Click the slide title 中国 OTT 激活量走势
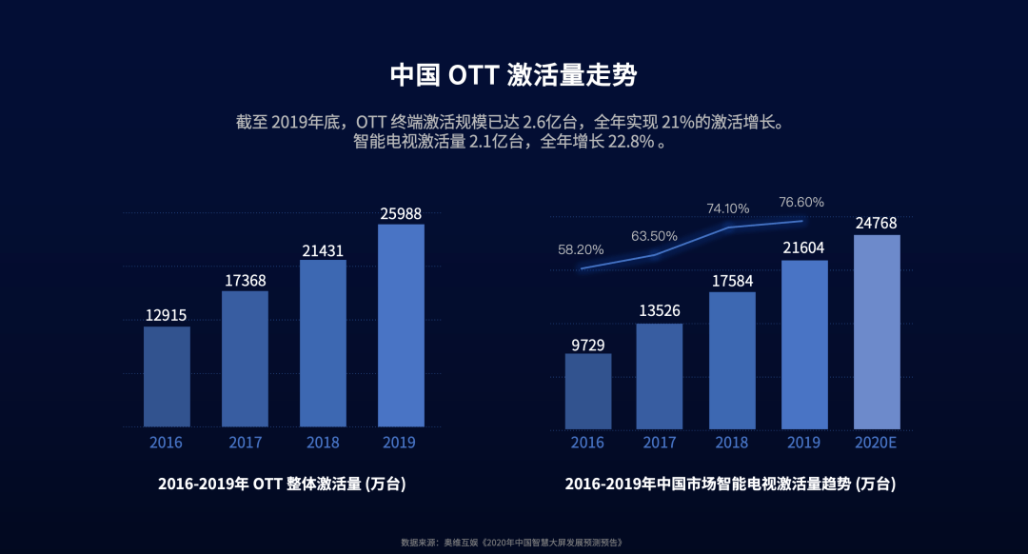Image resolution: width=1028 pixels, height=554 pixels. (x=513, y=76)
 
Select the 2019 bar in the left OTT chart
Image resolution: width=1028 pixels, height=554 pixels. (x=401, y=326)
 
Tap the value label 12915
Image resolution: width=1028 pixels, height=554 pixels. (x=167, y=315)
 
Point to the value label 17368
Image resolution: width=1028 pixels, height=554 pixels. (x=245, y=280)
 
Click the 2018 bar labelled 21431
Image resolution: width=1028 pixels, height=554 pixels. (x=323, y=343)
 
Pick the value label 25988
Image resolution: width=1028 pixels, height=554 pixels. (x=401, y=214)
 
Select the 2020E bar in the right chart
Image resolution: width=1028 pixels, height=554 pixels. (x=877, y=331)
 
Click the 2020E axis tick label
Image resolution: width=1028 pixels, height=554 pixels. (x=877, y=443)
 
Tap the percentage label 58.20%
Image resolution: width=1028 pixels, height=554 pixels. (x=581, y=249)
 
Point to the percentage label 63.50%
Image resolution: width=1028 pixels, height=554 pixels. (x=654, y=236)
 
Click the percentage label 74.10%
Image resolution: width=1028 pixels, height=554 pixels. (x=728, y=208)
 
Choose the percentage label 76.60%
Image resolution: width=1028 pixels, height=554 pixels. (x=801, y=202)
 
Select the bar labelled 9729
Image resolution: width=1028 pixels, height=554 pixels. (x=587, y=390)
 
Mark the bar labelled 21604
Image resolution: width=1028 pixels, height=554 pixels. (x=804, y=344)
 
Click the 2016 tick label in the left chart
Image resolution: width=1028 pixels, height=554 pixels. (x=167, y=443)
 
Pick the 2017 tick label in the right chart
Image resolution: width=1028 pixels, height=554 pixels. (x=660, y=443)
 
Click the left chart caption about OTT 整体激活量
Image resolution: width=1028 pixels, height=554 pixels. (x=282, y=484)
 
